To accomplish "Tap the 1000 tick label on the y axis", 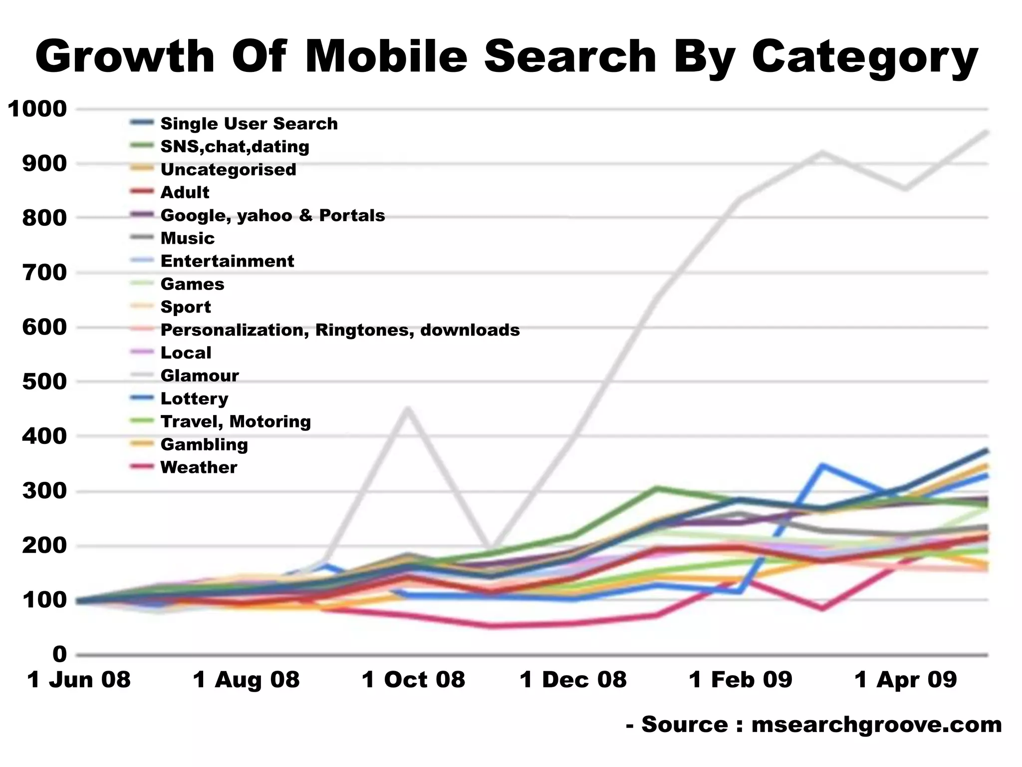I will point(37,109).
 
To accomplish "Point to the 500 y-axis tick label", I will point(44,382).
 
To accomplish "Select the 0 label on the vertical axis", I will point(59,654).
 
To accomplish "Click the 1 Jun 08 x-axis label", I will point(79,680).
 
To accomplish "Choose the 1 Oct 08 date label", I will point(413,680).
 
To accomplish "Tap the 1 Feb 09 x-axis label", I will point(741,680).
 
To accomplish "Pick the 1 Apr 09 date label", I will point(906,680).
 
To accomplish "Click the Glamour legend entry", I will point(200,376).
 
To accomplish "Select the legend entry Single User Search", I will point(249,123).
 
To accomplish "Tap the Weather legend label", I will point(199,467).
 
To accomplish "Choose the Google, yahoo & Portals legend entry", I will point(272,215).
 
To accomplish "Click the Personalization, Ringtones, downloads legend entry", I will point(340,330).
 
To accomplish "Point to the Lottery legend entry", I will point(194,398).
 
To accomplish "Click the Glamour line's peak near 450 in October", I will point(408,408).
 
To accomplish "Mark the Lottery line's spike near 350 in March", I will point(821,465).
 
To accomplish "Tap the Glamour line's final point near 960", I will point(986,132).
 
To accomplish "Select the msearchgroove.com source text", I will point(876,725).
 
